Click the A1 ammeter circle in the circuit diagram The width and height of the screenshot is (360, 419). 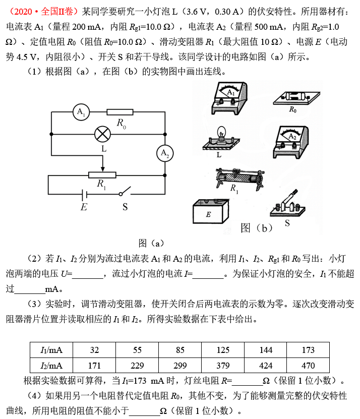click(80, 112)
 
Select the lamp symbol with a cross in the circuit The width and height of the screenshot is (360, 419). click(103, 134)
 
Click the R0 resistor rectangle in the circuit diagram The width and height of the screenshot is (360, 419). click(120, 112)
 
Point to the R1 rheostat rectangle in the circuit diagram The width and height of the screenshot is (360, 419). click(102, 175)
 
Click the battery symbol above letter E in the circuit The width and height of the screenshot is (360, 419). click(84, 194)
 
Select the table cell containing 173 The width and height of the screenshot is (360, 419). click(308, 350)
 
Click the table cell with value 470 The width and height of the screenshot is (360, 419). click(308, 365)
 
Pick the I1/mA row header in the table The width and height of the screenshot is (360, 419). click(51, 350)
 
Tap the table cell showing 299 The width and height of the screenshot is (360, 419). click(180, 365)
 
